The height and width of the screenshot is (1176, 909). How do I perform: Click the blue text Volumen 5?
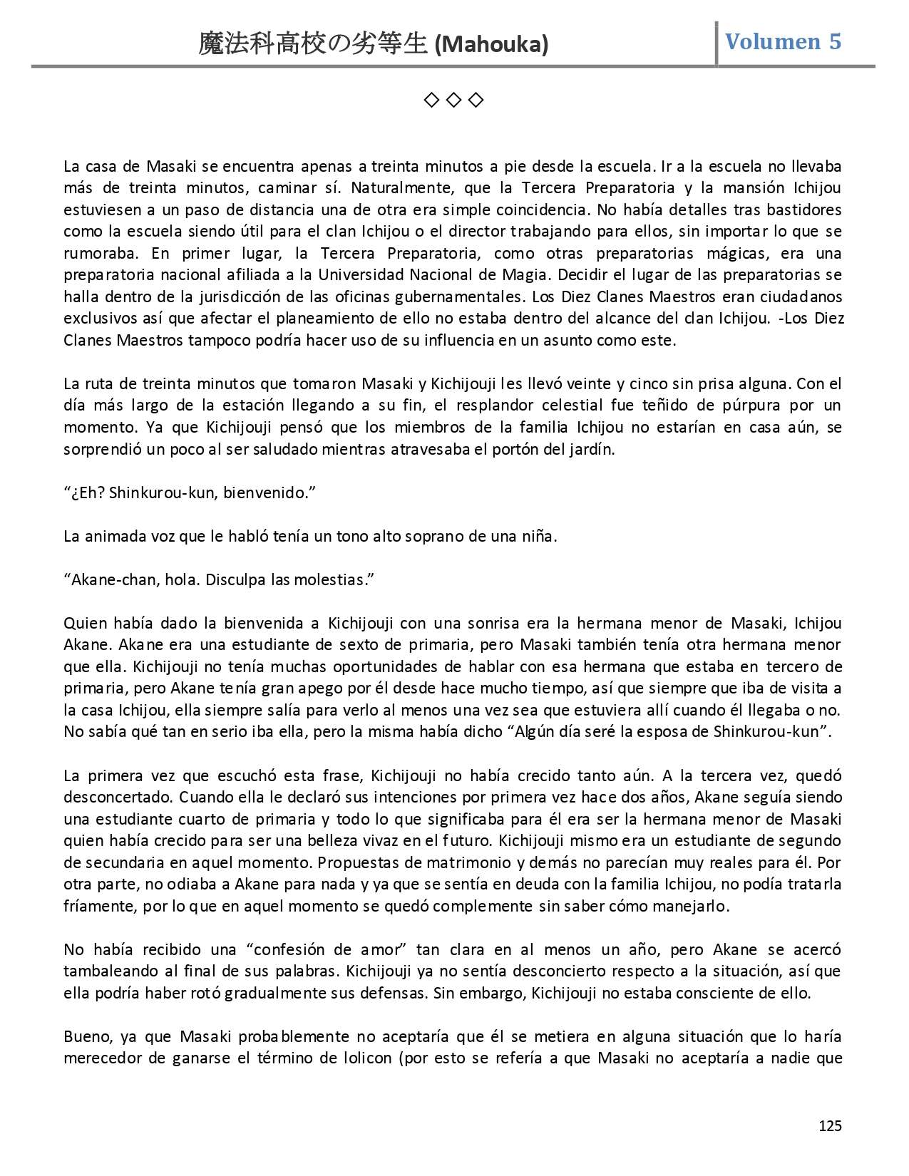pos(783,42)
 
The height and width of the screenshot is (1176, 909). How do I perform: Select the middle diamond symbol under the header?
pos(453,100)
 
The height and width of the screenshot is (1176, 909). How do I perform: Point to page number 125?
pos(830,1126)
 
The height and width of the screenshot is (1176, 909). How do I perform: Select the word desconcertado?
pos(118,797)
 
